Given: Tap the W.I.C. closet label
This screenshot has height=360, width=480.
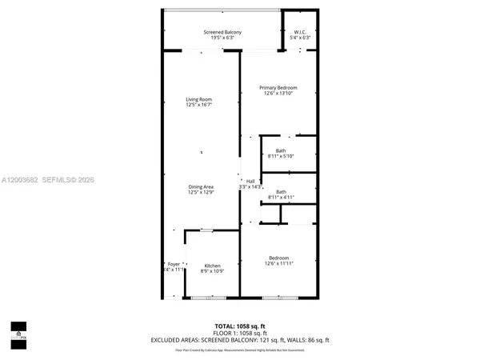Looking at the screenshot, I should pyautogui.click(x=299, y=32).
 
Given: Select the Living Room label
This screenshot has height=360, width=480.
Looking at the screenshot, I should pyautogui.click(x=198, y=99).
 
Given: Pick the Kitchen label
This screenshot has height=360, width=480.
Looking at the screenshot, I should pyautogui.click(x=212, y=266).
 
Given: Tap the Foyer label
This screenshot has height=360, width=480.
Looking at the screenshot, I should pyautogui.click(x=174, y=264).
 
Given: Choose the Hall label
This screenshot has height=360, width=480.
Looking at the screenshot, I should pyautogui.click(x=250, y=181).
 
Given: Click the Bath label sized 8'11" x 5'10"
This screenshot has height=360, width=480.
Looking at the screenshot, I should pyautogui.click(x=281, y=150).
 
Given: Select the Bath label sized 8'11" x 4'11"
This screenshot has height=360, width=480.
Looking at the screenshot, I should pyautogui.click(x=281, y=191).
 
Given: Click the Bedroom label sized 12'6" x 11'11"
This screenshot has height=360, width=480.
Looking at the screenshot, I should pyautogui.click(x=279, y=258).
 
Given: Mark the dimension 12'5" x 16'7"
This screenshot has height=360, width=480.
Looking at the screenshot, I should pyautogui.click(x=198, y=105).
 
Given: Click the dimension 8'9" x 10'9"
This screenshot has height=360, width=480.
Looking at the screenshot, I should pyautogui.click(x=212, y=271).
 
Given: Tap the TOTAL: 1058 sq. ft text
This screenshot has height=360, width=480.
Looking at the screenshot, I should pyautogui.click(x=239, y=326).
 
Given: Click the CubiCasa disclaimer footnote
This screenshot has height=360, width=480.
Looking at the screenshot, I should pyautogui.click(x=239, y=350).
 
